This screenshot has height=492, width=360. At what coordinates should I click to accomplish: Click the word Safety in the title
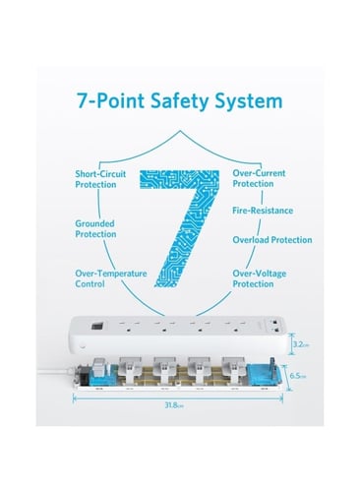[179, 101]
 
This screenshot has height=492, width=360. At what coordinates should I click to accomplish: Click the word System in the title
[249, 101]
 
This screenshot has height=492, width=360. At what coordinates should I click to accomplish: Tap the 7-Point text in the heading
[110, 100]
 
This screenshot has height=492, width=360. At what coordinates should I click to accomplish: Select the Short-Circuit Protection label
[100, 179]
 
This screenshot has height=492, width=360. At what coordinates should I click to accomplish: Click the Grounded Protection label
[95, 228]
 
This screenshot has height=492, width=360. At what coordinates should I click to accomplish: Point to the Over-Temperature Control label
[111, 278]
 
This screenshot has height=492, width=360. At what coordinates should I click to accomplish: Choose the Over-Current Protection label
[259, 178]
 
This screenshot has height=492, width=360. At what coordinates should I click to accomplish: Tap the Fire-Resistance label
[263, 211]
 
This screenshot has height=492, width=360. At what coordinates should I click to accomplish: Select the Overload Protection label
[272, 240]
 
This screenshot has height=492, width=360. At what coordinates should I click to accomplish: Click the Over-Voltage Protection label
[260, 278]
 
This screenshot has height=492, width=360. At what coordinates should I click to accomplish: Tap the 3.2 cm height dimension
[300, 344]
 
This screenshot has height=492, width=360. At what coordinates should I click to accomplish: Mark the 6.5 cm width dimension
[297, 376]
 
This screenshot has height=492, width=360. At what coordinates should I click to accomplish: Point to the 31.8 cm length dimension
[174, 405]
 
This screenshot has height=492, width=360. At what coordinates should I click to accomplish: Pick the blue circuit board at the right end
[264, 375]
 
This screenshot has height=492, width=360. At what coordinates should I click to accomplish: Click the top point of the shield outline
[180, 131]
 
